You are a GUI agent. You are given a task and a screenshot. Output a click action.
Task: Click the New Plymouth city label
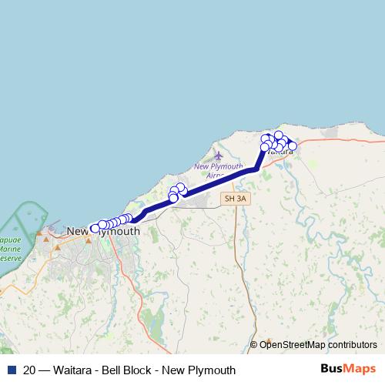[x=103, y=231]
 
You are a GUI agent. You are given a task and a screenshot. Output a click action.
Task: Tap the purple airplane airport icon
[x=219, y=156]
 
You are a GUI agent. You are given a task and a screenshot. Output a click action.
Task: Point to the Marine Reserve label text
[x=9, y=249]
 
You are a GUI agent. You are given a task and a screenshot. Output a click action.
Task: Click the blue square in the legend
[x=12, y=370]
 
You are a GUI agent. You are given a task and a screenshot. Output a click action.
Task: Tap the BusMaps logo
[x=349, y=369]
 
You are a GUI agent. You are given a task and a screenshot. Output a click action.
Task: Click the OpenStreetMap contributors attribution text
[x=318, y=344]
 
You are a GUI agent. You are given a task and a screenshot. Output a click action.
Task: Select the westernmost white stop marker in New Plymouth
[x=95, y=228]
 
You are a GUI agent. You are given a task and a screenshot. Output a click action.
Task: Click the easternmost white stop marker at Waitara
[x=293, y=146]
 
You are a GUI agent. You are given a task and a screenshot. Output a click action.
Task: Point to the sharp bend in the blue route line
[x=256, y=169]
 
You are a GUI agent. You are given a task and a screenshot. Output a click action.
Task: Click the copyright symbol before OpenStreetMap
[x=254, y=344]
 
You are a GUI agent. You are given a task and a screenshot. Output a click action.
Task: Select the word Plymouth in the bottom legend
[x=213, y=370]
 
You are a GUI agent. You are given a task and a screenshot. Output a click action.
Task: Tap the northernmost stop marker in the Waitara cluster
[x=279, y=136]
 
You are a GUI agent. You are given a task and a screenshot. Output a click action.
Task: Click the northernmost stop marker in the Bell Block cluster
[x=180, y=187]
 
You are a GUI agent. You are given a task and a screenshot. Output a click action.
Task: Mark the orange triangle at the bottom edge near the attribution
[x=269, y=340]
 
